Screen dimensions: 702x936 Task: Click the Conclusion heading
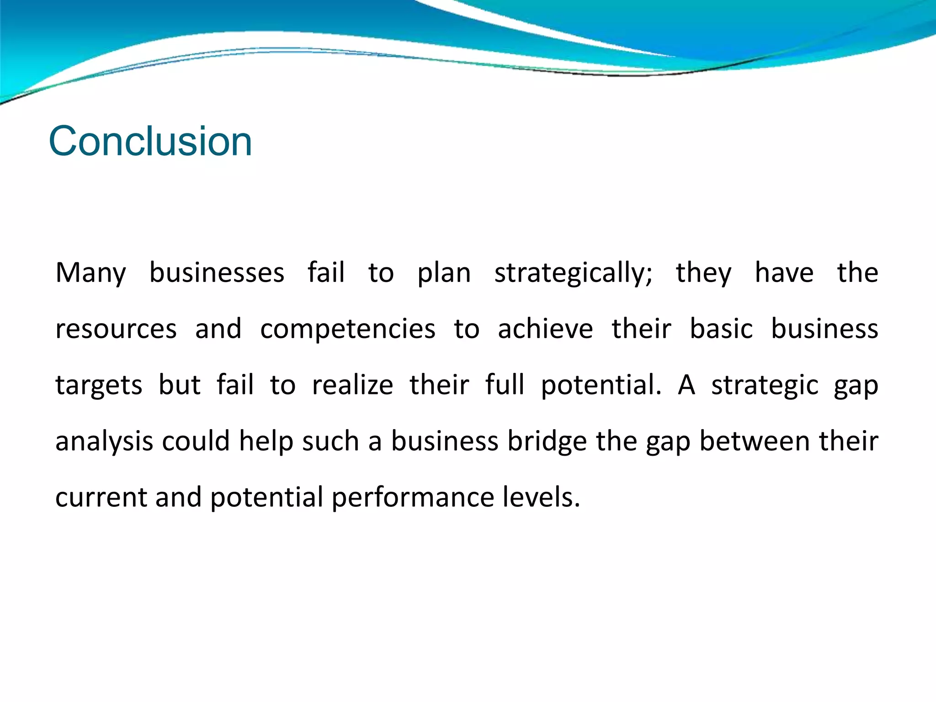click(x=150, y=141)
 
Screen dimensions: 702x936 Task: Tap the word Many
click(x=90, y=273)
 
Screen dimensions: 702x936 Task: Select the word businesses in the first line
click(x=217, y=273)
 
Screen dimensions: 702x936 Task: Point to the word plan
click(x=444, y=273)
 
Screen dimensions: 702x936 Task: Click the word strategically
click(x=573, y=273)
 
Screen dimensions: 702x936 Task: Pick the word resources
click(x=116, y=330)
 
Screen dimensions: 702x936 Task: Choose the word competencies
click(x=347, y=330)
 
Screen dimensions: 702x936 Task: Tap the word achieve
click(x=545, y=330)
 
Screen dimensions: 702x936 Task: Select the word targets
click(x=99, y=386)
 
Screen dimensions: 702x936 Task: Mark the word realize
click(x=352, y=385)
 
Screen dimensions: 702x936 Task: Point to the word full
click(x=505, y=385)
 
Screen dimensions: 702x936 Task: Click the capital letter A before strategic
click(x=686, y=385)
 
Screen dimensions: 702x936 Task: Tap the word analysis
click(x=104, y=442)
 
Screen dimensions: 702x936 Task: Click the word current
click(x=101, y=498)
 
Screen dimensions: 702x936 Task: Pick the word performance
click(x=413, y=498)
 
